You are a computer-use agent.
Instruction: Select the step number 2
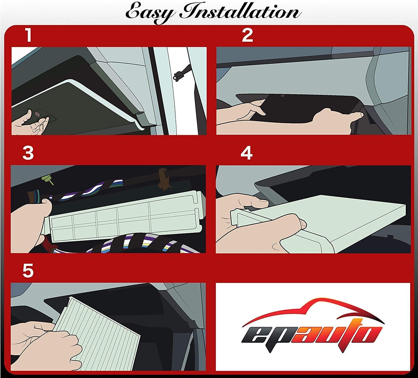pos(247,35)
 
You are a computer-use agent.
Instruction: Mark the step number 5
pos(28,270)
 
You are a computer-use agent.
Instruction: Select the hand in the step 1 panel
pos(33,122)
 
